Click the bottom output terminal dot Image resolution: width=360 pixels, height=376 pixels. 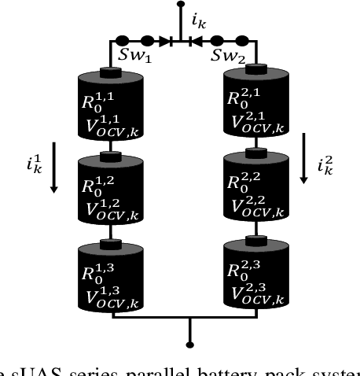pos(189,344)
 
